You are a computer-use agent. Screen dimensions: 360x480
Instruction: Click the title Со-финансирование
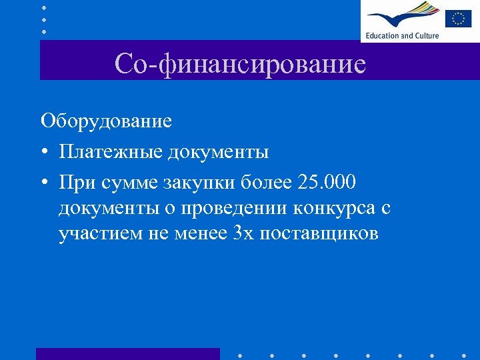pos(240,64)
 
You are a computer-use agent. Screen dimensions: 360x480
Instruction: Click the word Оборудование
pos(106,121)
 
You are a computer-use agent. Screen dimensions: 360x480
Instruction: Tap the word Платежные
pos(110,152)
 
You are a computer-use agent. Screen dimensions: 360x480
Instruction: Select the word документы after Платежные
pos(218,152)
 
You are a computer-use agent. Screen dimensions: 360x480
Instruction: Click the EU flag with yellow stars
pos(458,18)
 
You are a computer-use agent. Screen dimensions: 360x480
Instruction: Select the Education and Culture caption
pos(401,35)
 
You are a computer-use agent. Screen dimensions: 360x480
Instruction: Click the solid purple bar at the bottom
pos(127,353)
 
